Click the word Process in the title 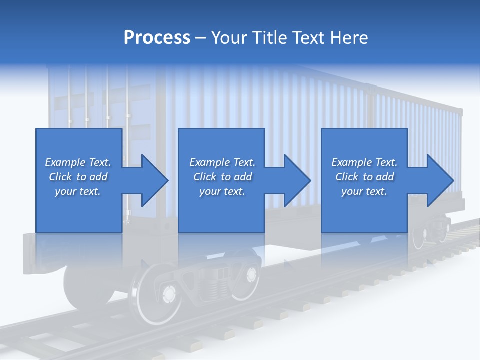(157, 38)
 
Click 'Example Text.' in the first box (78, 162)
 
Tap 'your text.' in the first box (78, 191)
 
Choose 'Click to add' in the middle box (222, 177)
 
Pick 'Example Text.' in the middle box (222, 162)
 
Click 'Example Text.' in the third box (364, 162)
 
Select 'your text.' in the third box (364, 191)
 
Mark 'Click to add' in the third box (364, 177)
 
